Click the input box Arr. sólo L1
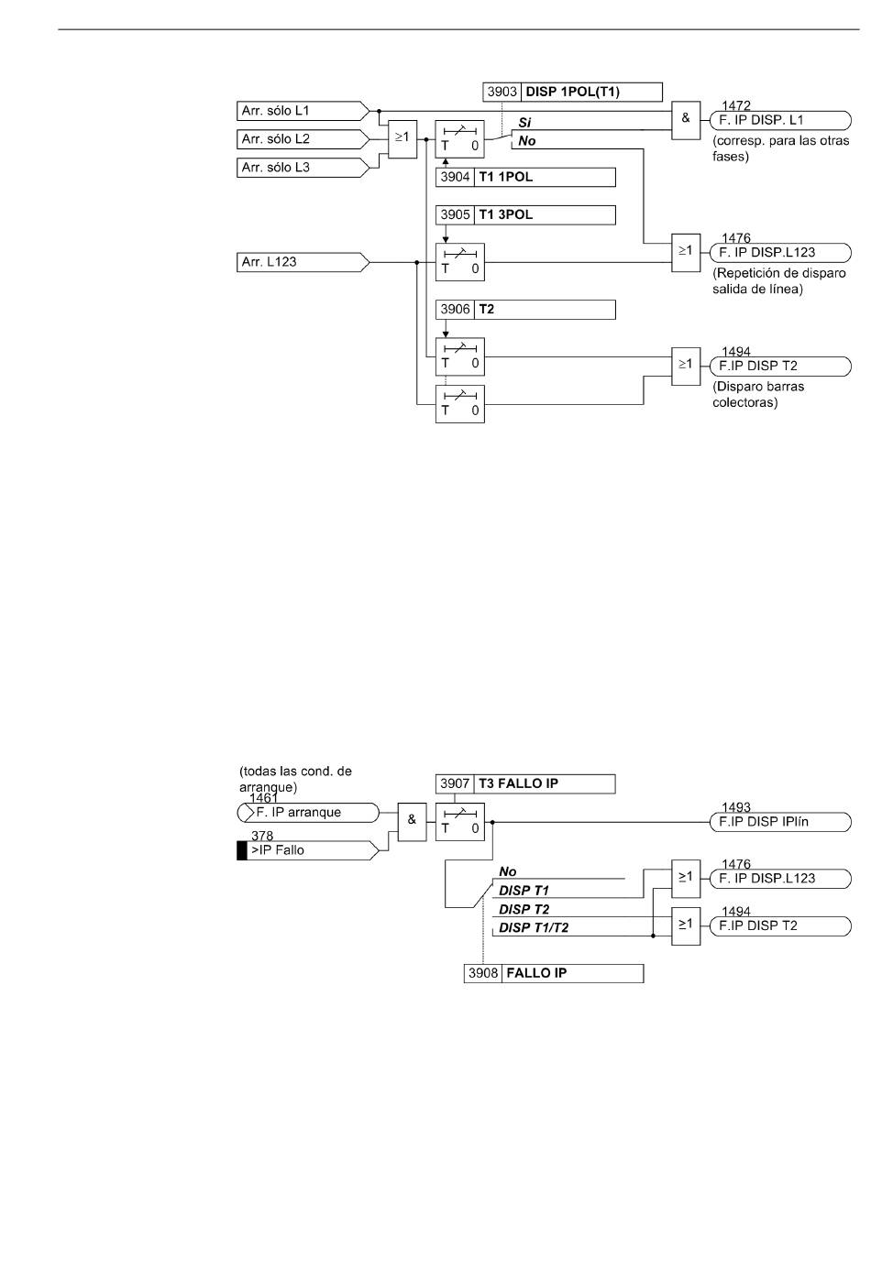pyautogui.click(x=303, y=111)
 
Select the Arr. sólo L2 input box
pyautogui.click(x=303, y=139)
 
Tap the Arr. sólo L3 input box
pyautogui.click(x=303, y=168)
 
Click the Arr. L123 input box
pyautogui.click(x=303, y=262)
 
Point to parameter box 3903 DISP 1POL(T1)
pyautogui.click(x=572, y=92)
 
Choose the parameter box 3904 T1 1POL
pyautogui.click(x=525, y=177)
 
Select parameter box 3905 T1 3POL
pyautogui.click(x=525, y=215)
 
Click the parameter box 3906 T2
pyautogui.click(x=525, y=310)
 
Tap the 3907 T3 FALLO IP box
pyautogui.click(x=525, y=783)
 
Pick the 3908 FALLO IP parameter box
pyautogui.click(x=554, y=973)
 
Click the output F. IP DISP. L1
pyautogui.click(x=780, y=121)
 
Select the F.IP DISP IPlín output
pyautogui.click(x=780, y=822)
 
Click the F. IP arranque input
pyautogui.click(x=308, y=813)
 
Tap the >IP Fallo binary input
pyautogui.click(x=308, y=850)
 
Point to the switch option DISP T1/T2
pyautogui.click(x=534, y=927)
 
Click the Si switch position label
pyautogui.click(x=524, y=123)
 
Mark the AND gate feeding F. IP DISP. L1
pyautogui.click(x=686, y=121)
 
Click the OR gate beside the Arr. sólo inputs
pyautogui.click(x=402, y=139)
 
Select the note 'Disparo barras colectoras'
pyautogui.click(x=757, y=395)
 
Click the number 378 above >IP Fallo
pyautogui.click(x=262, y=836)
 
